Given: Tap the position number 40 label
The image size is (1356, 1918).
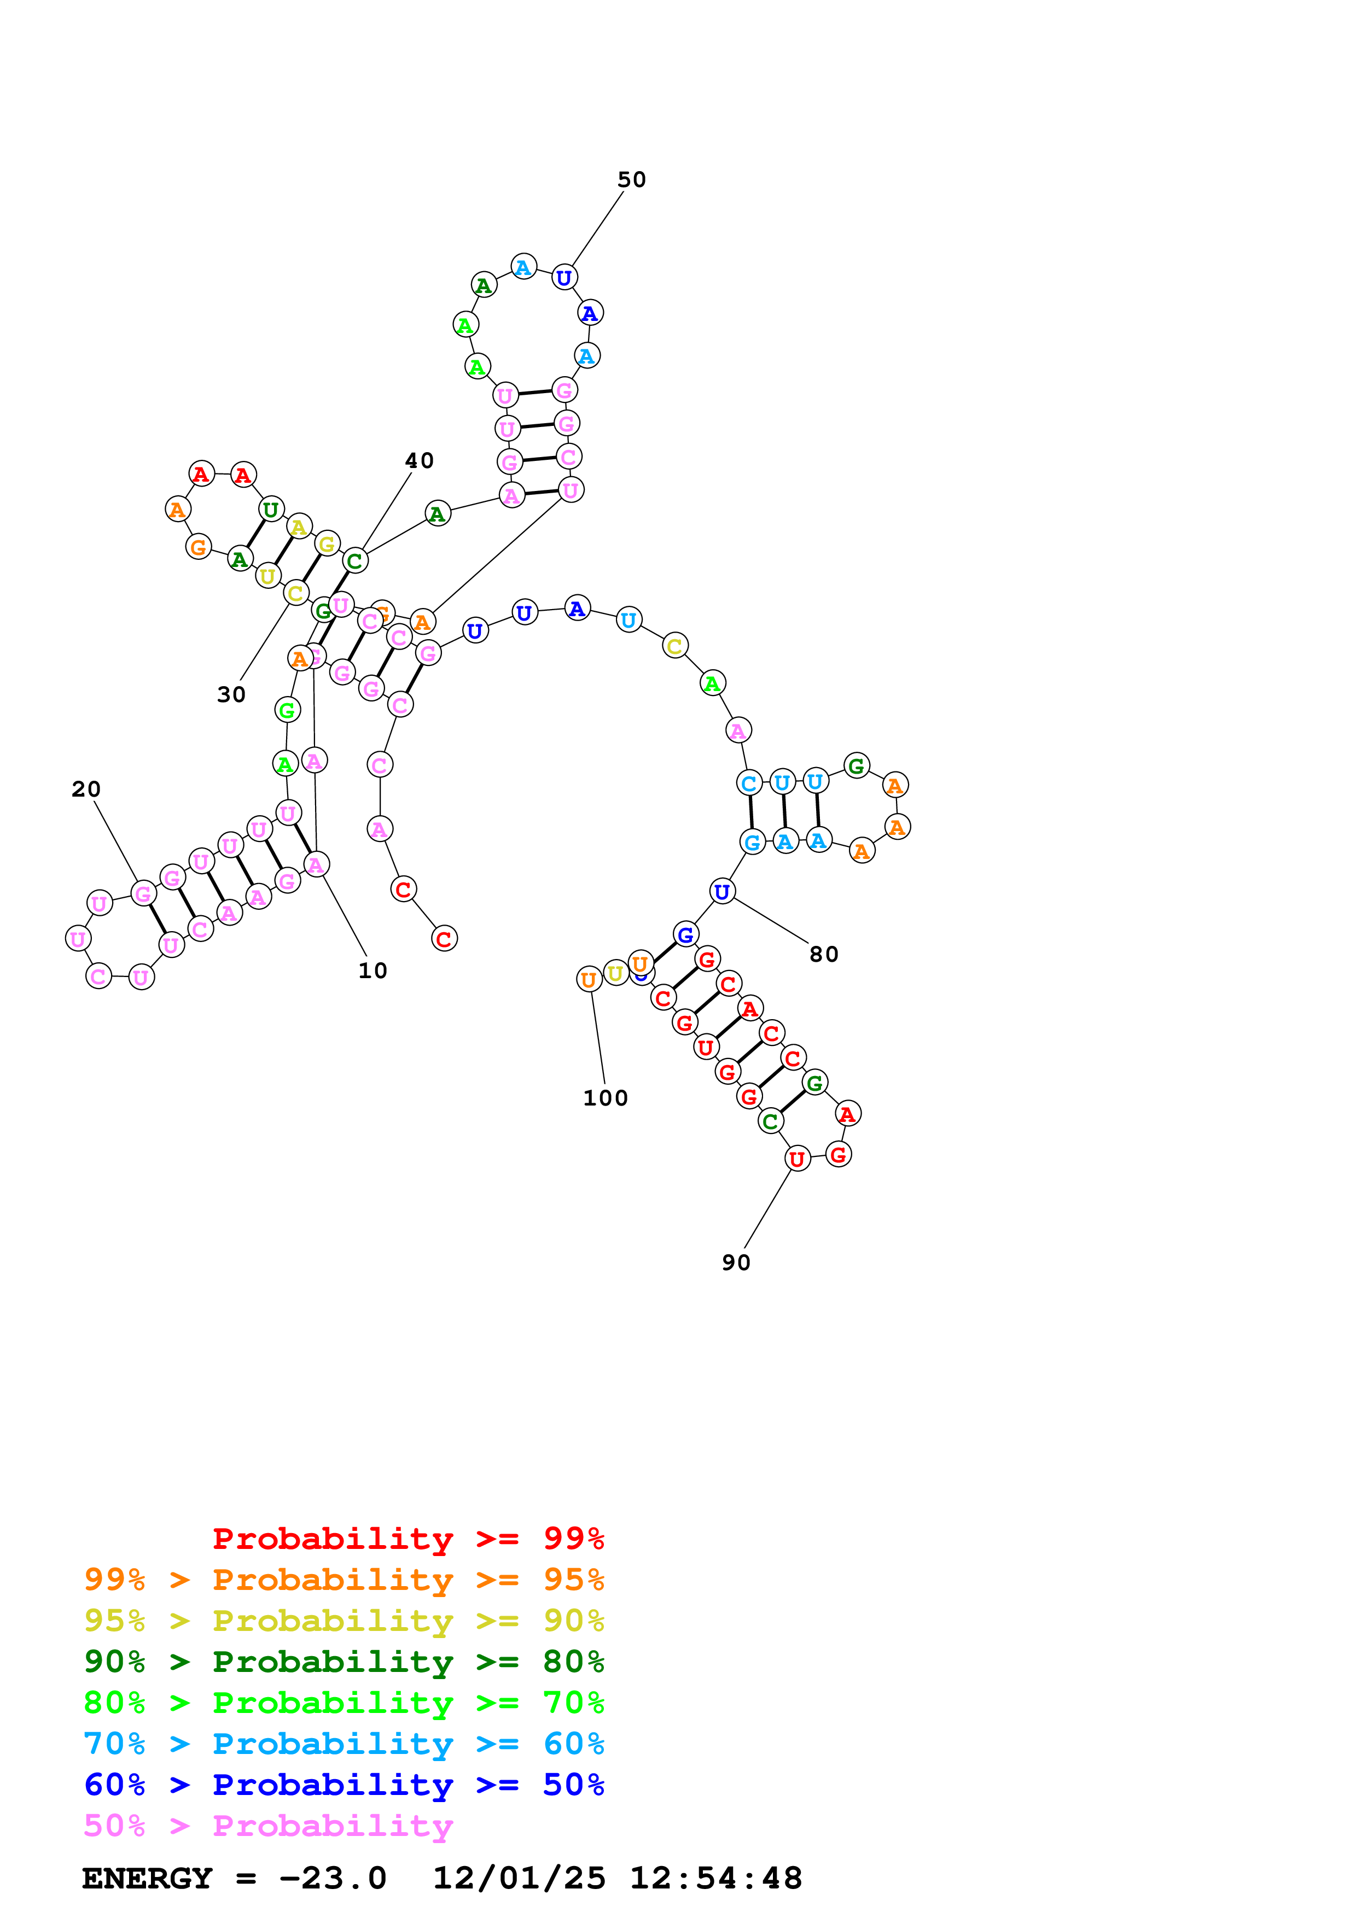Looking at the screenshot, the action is point(420,460).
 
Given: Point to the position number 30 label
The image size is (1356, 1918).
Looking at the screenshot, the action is point(231,694).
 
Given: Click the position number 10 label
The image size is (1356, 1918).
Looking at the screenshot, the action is point(373,970).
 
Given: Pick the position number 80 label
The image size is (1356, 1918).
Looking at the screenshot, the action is point(824,954).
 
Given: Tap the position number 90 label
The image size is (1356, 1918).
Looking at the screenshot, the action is point(736,1262).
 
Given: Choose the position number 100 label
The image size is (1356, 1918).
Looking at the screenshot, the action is point(605,1098).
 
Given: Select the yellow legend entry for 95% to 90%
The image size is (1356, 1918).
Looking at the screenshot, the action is point(344,1621).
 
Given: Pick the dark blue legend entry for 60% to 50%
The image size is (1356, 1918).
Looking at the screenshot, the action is point(344,1785).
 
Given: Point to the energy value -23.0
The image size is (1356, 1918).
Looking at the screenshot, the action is point(333,1878).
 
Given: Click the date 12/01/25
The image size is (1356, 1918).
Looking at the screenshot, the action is point(519,1878).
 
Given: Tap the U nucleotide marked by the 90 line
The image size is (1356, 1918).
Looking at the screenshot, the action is point(797,1159).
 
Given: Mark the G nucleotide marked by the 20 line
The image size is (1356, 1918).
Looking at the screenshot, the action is point(144,894).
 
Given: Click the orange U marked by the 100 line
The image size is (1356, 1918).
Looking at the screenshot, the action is point(589,979).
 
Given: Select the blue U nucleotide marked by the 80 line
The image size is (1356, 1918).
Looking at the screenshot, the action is point(722,891).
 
